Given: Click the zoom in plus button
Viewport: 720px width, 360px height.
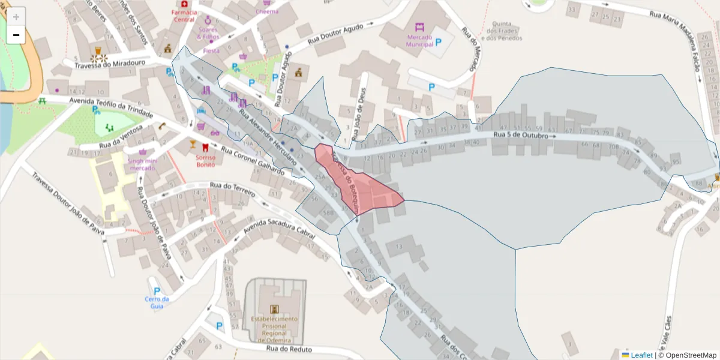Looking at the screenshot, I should pos(16,16).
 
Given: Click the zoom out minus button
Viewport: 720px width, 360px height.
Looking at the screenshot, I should pos(16,35).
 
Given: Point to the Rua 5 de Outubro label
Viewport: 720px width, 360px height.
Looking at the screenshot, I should pos(521,136).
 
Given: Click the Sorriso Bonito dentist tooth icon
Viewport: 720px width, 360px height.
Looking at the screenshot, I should pos(206,147).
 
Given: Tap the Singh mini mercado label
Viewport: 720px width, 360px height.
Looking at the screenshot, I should pos(143,164).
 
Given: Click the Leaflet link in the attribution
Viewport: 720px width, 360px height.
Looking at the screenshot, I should pos(641,355).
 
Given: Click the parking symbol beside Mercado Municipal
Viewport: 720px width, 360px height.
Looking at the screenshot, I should pos(439,42).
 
